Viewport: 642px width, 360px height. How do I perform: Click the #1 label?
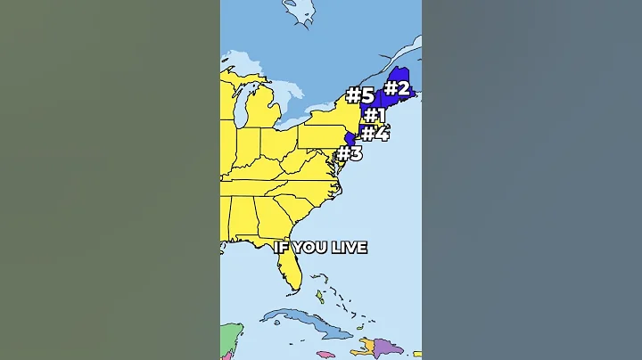(374, 115)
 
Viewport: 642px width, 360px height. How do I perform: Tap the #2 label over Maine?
(397, 88)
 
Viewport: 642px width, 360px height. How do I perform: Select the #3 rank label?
(350, 153)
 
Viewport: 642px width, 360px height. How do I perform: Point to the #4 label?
(375, 134)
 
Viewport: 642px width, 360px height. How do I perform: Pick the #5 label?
(359, 95)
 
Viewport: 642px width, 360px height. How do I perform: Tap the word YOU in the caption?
(309, 248)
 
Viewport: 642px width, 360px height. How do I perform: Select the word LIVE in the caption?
(349, 248)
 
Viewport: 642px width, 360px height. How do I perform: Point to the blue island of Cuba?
(303, 322)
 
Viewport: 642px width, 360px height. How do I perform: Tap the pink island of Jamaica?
(325, 354)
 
